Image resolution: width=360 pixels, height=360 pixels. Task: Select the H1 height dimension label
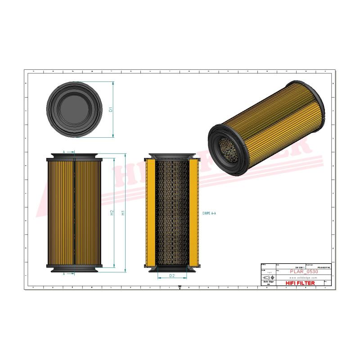123,212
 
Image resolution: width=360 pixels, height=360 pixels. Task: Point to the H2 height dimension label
112,212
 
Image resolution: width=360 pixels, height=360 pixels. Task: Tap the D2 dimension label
172,275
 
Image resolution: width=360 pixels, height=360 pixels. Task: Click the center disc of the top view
74,109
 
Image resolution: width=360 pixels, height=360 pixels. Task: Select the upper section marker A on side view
64,153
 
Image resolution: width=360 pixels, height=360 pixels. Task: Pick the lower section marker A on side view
64,273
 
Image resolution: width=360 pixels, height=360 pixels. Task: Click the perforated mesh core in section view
172,211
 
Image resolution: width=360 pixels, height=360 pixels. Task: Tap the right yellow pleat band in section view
194,211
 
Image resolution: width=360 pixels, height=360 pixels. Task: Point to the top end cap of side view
74,156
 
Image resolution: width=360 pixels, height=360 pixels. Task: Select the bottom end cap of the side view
74,269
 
